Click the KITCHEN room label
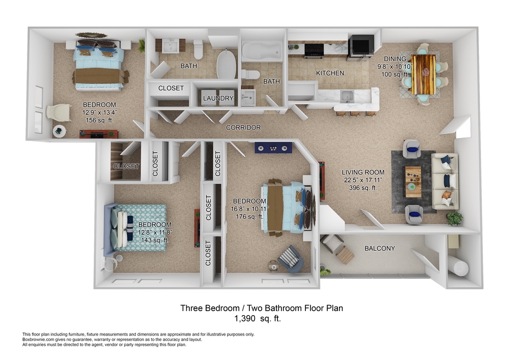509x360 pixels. [330, 73]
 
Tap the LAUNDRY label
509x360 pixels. [218, 98]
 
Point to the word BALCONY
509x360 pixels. [380, 248]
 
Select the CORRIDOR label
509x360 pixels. [243, 128]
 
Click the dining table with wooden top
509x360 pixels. [423, 74]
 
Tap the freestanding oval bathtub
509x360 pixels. [227, 64]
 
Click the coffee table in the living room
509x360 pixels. [413, 181]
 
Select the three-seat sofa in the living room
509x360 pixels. [445, 181]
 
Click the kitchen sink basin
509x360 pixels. [346, 96]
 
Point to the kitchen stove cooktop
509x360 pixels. [314, 50]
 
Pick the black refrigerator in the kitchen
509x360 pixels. [361, 47]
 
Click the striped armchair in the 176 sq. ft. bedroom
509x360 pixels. [291, 258]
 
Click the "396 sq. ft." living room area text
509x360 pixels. [363, 187]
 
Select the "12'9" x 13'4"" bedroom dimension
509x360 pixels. [99, 113]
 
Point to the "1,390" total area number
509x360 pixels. [245, 319]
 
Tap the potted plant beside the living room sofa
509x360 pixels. [454, 218]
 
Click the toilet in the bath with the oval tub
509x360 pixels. [199, 49]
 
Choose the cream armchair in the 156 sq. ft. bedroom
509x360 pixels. [59, 113]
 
